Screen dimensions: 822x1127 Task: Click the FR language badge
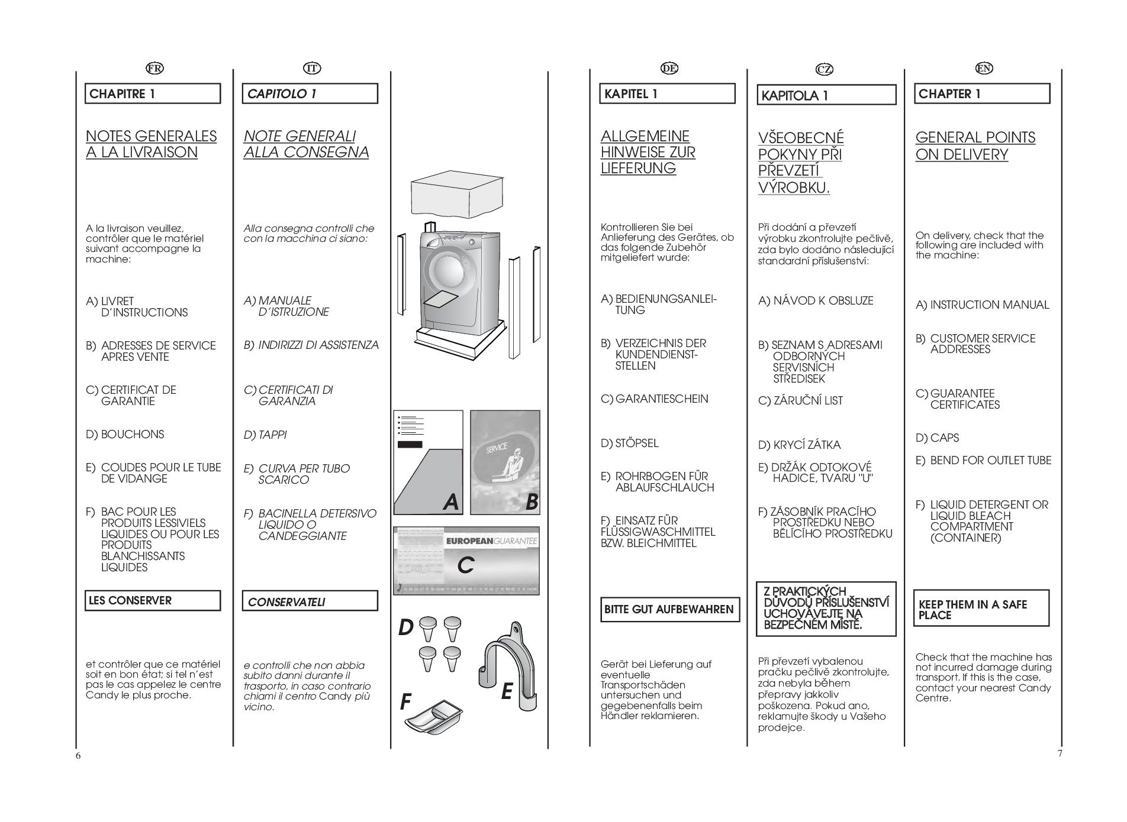[154, 68]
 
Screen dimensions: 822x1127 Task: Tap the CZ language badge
[824, 69]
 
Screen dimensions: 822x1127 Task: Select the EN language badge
[984, 68]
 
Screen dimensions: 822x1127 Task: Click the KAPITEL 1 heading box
[667, 93]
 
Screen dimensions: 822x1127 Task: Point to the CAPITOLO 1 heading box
[310, 93]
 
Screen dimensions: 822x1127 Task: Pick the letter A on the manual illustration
[450, 502]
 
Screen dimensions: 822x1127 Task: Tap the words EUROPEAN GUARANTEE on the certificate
[491, 541]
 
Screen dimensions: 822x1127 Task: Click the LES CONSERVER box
[153, 600]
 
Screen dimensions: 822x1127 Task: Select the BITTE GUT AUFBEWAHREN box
[669, 609]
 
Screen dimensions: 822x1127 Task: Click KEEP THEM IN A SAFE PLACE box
[981, 609]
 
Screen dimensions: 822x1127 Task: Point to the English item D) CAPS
[937, 438]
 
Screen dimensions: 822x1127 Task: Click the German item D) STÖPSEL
[629, 444]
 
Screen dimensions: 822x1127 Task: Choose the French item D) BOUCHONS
[125, 435]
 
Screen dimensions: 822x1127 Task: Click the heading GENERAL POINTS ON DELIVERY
[975, 146]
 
